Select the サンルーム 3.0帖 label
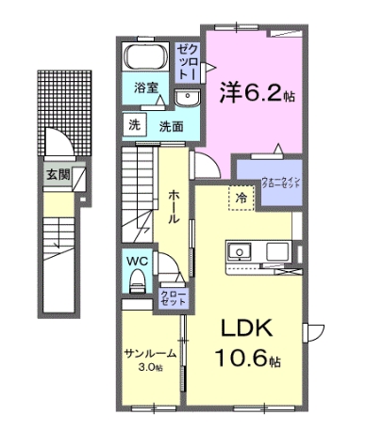pos(150,359)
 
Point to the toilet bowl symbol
pos(138,279)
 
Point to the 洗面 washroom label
pos(170,124)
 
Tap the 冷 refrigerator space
pos(241,199)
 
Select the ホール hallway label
pos(174,206)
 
